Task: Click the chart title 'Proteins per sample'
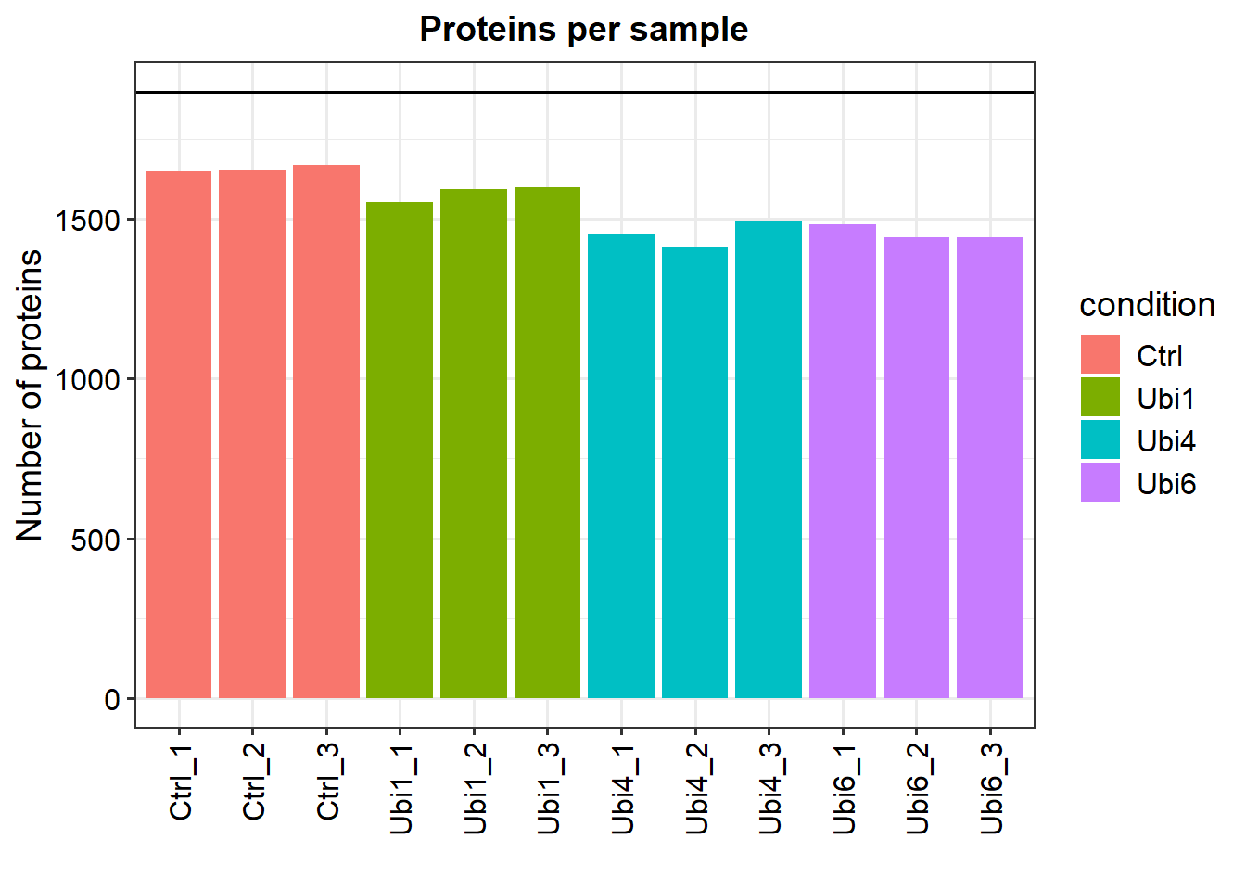tap(583, 30)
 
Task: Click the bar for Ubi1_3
tap(547, 442)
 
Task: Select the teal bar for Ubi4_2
tap(694, 472)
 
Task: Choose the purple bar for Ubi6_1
tap(843, 461)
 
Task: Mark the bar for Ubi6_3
tap(990, 467)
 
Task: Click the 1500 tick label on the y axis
tap(88, 221)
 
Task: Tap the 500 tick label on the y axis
tap(95, 540)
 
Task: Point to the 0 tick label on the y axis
tap(112, 699)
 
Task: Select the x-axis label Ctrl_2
tap(254, 782)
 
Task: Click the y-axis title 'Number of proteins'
tap(30, 395)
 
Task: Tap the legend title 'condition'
tap(1147, 305)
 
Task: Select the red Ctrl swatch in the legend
tap(1100, 355)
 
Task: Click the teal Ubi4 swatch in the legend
tap(1100, 440)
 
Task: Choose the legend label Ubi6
tap(1166, 484)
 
